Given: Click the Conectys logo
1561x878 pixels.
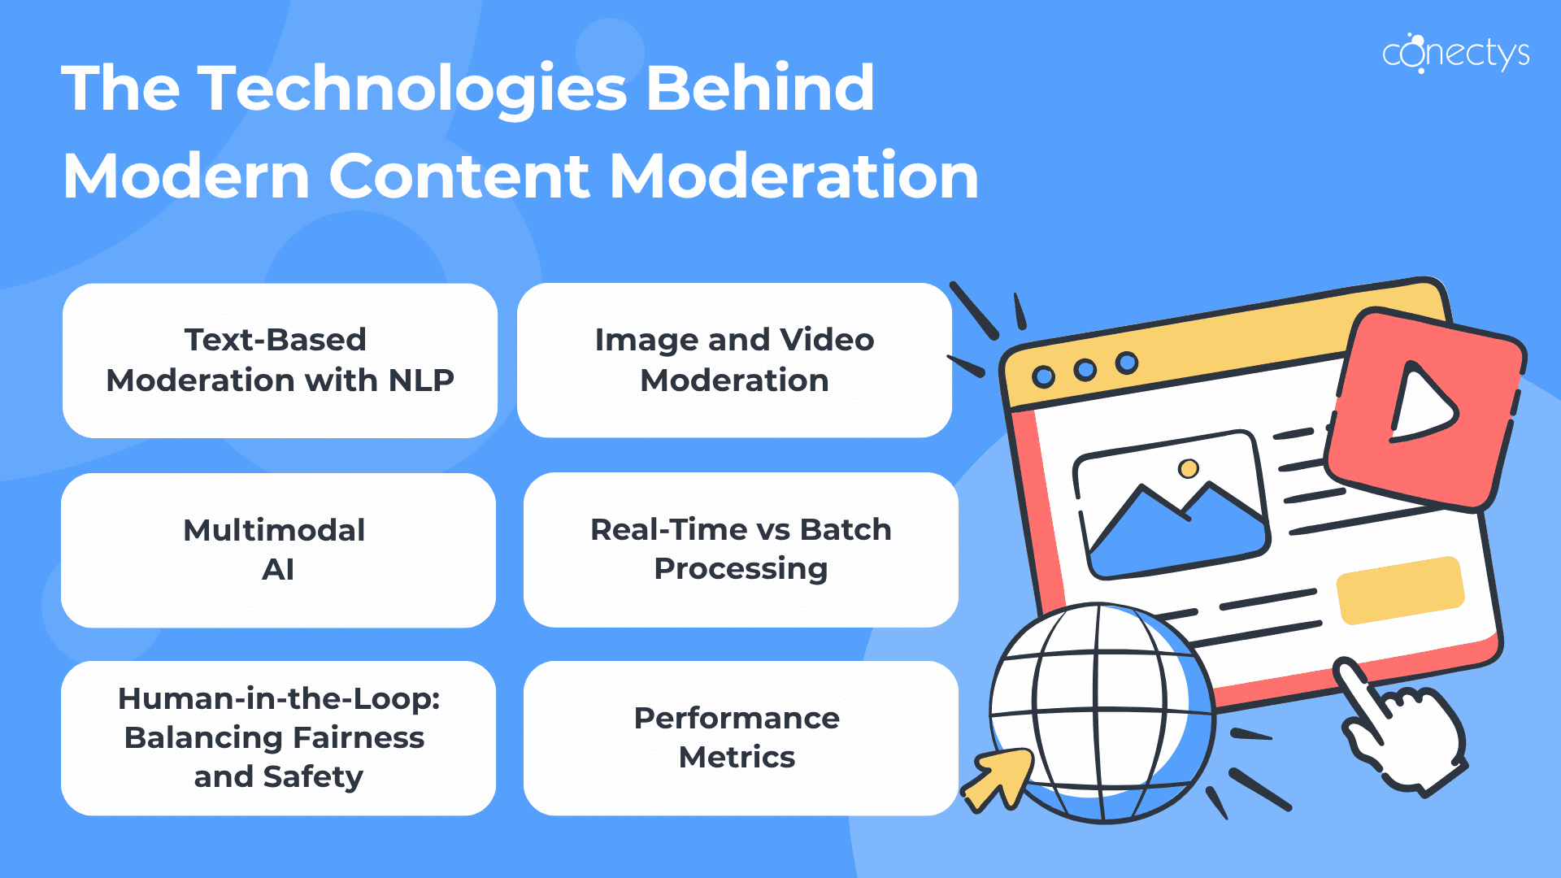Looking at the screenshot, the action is point(1455,54).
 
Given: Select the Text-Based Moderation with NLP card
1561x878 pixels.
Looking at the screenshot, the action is point(280,360).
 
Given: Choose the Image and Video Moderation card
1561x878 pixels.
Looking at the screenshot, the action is point(734,360).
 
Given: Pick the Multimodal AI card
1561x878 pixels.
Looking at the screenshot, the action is point(278,550).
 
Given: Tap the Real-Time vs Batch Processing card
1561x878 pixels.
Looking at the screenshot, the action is point(741,550).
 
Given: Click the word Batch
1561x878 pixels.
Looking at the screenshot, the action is point(846,529).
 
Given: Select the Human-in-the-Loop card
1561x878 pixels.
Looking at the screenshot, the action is point(278,738).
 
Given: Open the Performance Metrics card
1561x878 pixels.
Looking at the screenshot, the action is point(741,738).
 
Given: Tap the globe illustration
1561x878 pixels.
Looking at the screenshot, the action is point(1102,712).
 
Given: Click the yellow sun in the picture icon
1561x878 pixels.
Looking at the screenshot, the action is point(1189,468).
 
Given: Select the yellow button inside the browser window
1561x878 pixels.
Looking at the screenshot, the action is point(1401,590).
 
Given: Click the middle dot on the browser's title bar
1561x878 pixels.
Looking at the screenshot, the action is point(1085,370).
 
